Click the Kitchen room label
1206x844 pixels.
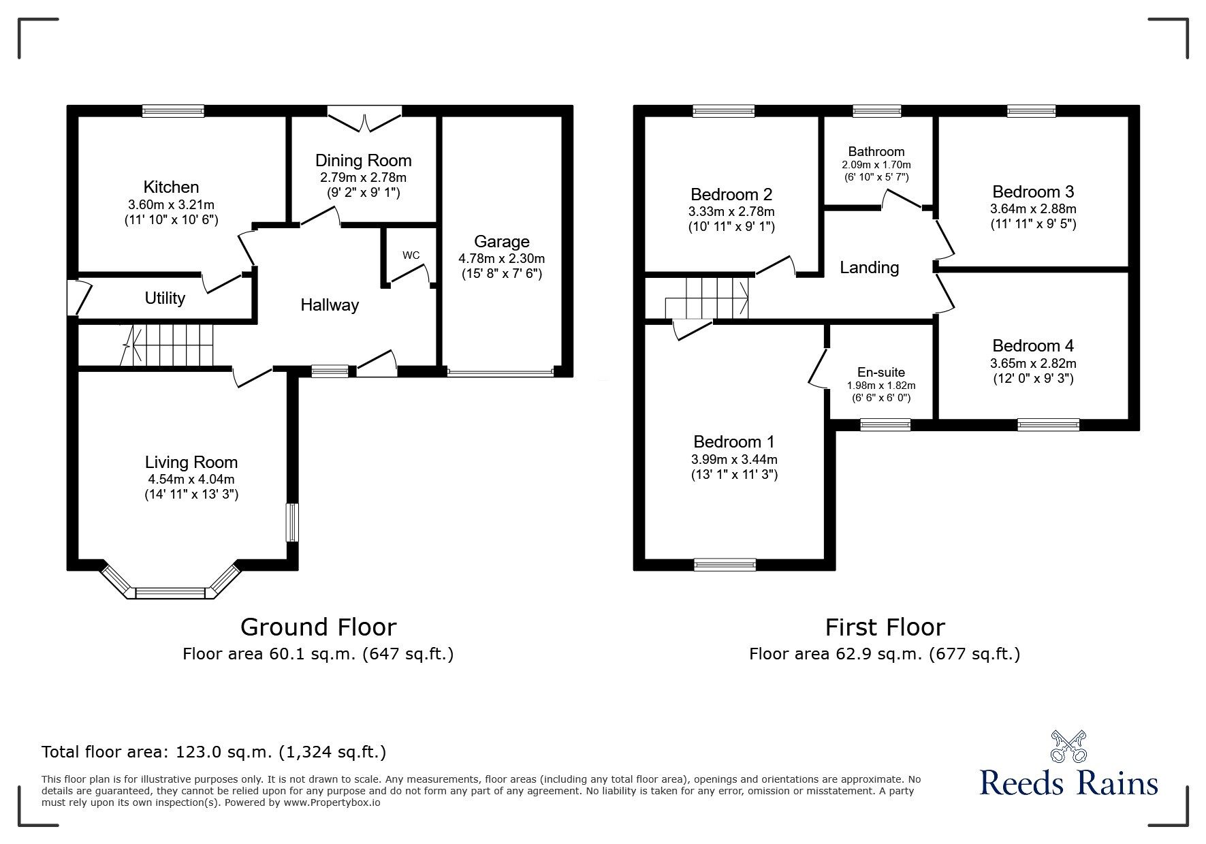pos(171,187)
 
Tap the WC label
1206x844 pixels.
pos(411,255)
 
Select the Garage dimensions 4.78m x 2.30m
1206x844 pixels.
pos(501,259)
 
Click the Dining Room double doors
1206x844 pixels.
pos(364,121)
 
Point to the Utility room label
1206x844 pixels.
pos(165,298)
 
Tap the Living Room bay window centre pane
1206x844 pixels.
pos(170,593)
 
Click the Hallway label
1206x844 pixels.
pos(330,305)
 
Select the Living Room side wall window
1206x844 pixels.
pos(292,522)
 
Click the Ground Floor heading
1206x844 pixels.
pos(318,627)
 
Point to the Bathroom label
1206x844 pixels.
pos(876,151)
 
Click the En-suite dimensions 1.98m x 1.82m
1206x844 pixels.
pos(881,385)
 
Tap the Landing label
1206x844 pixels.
pos(869,268)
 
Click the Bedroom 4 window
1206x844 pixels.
pos(1049,425)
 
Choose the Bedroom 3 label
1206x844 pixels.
pos(1033,191)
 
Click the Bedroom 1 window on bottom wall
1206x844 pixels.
pos(725,564)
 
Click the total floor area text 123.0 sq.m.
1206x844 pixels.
pos(214,752)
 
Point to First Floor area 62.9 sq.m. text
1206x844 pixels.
pos(884,654)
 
